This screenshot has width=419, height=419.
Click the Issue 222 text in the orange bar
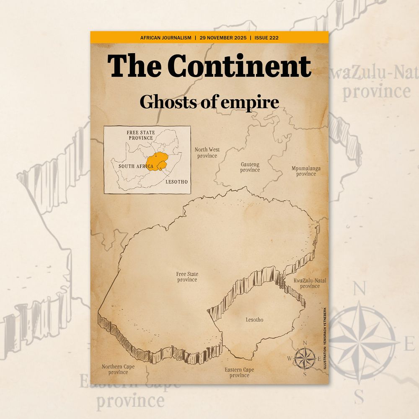point(266,38)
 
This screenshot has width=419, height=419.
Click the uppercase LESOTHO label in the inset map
point(176,182)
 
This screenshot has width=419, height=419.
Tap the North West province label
point(207,153)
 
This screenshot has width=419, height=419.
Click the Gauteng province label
point(250,167)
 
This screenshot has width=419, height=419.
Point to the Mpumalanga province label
point(306,171)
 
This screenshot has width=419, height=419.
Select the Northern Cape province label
point(118,370)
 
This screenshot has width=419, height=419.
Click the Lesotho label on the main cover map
point(254,320)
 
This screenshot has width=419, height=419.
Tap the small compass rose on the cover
point(305,358)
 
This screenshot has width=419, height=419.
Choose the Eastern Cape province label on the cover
point(239,372)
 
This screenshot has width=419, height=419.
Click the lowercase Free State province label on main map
point(187,277)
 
